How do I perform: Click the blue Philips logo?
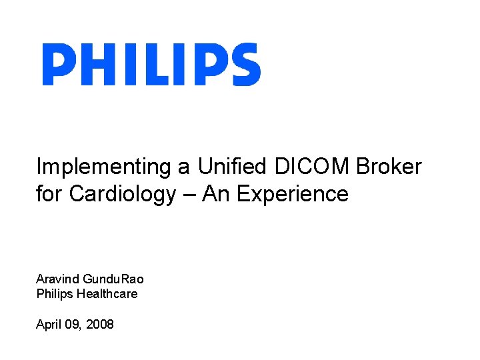click(151, 65)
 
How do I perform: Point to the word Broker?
click(389, 166)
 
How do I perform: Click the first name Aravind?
click(57, 279)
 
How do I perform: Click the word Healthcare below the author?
click(107, 293)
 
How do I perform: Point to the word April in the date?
click(48, 325)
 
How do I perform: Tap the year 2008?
click(100, 325)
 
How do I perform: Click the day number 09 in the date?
click(73, 325)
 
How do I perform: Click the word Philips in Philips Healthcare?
click(55, 293)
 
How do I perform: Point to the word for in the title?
click(50, 194)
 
